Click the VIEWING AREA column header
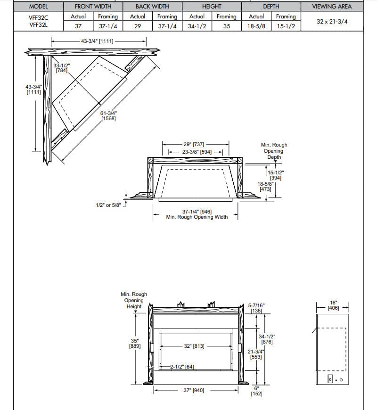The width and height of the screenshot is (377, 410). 332,7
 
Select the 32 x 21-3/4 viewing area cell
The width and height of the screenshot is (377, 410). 332,21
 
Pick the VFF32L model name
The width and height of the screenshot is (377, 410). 38,25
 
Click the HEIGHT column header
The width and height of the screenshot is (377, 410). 212,7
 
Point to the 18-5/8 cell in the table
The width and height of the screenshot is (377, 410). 256,26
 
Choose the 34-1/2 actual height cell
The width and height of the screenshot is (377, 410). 197,26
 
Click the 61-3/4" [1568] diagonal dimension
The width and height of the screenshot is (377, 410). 108,116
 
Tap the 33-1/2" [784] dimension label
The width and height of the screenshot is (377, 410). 61,67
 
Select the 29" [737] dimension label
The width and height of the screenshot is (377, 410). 193,145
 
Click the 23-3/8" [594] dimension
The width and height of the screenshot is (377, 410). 197,152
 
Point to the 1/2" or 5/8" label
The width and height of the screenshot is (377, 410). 108,205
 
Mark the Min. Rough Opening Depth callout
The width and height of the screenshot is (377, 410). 274,151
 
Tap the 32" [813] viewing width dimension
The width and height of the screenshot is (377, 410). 194,346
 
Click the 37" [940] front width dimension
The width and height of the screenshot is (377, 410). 194,390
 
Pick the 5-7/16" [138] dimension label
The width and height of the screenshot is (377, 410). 256,308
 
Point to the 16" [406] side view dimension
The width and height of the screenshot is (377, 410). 334,305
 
